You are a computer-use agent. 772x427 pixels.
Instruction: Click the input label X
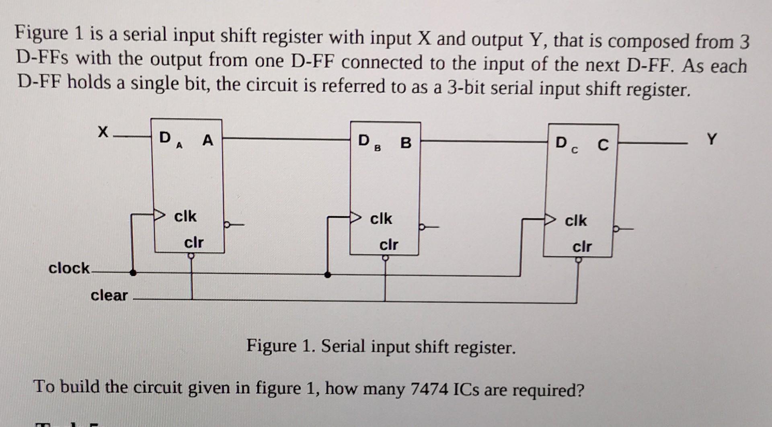(x=103, y=132)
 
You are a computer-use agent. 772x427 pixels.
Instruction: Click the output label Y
(x=711, y=140)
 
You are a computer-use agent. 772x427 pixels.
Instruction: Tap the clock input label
(x=69, y=268)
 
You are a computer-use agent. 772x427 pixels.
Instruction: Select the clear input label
(x=109, y=295)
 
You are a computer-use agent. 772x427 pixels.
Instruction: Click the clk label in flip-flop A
(x=185, y=216)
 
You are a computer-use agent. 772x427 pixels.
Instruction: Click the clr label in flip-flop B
(x=389, y=244)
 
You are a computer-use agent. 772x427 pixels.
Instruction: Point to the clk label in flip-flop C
(x=576, y=220)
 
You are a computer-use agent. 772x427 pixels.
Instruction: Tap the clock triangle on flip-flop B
(x=356, y=218)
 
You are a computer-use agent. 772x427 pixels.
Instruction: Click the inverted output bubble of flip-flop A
(x=227, y=225)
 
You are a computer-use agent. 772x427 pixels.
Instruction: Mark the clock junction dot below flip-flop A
(x=133, y=273)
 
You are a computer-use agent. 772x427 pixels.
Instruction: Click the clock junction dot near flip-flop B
(x=328, y=275)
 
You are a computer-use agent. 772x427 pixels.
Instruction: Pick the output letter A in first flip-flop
(x=207, y=140)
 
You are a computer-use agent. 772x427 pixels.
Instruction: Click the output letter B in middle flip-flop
(x=406, y=143)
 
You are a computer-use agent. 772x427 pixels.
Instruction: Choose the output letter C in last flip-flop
(x=603, y=145)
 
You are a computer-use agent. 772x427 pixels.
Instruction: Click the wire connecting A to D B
(x=285, y=139)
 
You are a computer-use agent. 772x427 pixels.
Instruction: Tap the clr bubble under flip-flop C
(x=578, y=260)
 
